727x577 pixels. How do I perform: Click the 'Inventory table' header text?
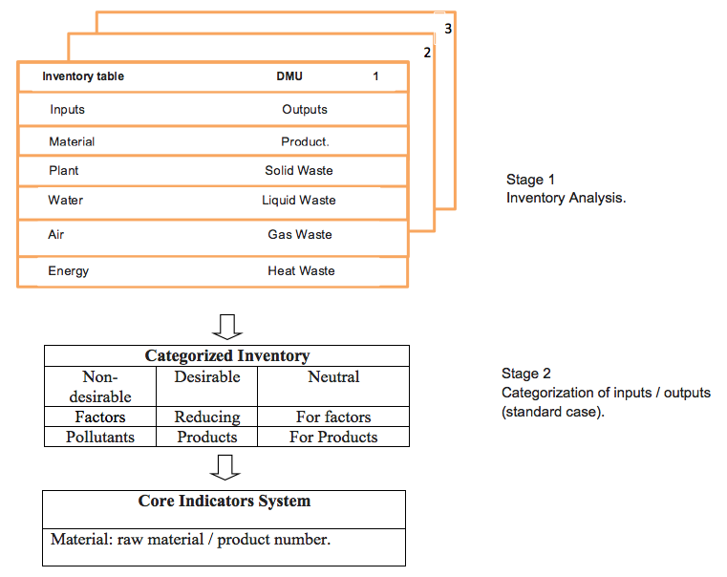[83, 76]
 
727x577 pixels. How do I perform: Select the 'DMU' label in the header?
[289, 76]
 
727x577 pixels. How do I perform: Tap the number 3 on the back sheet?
[448, 29]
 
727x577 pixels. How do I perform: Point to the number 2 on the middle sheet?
[427, 53]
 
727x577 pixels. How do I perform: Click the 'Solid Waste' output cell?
[299, 171]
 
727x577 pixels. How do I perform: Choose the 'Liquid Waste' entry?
[299, 201]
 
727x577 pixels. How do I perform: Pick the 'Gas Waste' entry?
[300, 234]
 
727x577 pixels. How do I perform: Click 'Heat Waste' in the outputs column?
[301, 270]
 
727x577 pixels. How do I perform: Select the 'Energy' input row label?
[68, 271]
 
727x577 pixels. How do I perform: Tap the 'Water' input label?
[65, 201]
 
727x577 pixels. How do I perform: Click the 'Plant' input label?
[63, 171]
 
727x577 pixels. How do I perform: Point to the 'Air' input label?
[55, 234]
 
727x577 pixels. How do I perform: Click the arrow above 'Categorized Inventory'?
[227, 328]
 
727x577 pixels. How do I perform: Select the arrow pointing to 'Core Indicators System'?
[225, 468]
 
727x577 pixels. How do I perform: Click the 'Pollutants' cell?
[100, 437]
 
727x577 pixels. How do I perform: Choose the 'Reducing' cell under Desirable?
[207, 417]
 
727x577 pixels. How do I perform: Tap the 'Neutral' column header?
[333, 376]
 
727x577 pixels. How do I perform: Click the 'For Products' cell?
[333, 437]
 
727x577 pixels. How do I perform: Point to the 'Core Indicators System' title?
[225, 501]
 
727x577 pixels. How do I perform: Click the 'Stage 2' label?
[526, 374]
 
